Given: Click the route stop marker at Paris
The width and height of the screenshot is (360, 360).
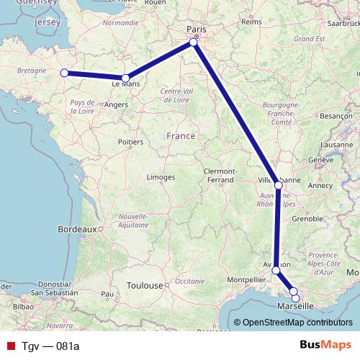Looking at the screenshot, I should click(x=194, y=43).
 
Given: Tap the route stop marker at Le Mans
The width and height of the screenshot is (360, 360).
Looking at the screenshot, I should click(x=125, y=78).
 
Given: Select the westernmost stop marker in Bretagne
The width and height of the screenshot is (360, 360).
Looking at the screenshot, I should click(x=64, y=73).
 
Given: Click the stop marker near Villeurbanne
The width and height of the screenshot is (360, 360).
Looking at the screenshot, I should click(x=279, y=185).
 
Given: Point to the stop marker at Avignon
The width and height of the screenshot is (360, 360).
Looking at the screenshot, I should click(x=276, y=270).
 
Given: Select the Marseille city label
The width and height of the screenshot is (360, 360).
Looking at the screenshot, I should click(x=295, y=305).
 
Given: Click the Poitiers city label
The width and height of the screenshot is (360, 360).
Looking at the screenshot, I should click(x=130, y=143).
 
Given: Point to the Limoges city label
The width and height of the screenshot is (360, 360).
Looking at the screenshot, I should click(x=161, y=177).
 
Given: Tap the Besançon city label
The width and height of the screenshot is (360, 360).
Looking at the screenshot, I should click(x=335, y=115).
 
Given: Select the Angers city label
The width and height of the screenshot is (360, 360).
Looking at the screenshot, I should click(x=117, y=104).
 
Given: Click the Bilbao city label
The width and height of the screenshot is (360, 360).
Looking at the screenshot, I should click(x=24, y=306).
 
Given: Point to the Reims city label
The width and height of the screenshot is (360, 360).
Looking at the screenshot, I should click(x=251, y=22).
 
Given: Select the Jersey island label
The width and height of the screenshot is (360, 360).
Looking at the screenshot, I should click(x=47, y=23).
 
